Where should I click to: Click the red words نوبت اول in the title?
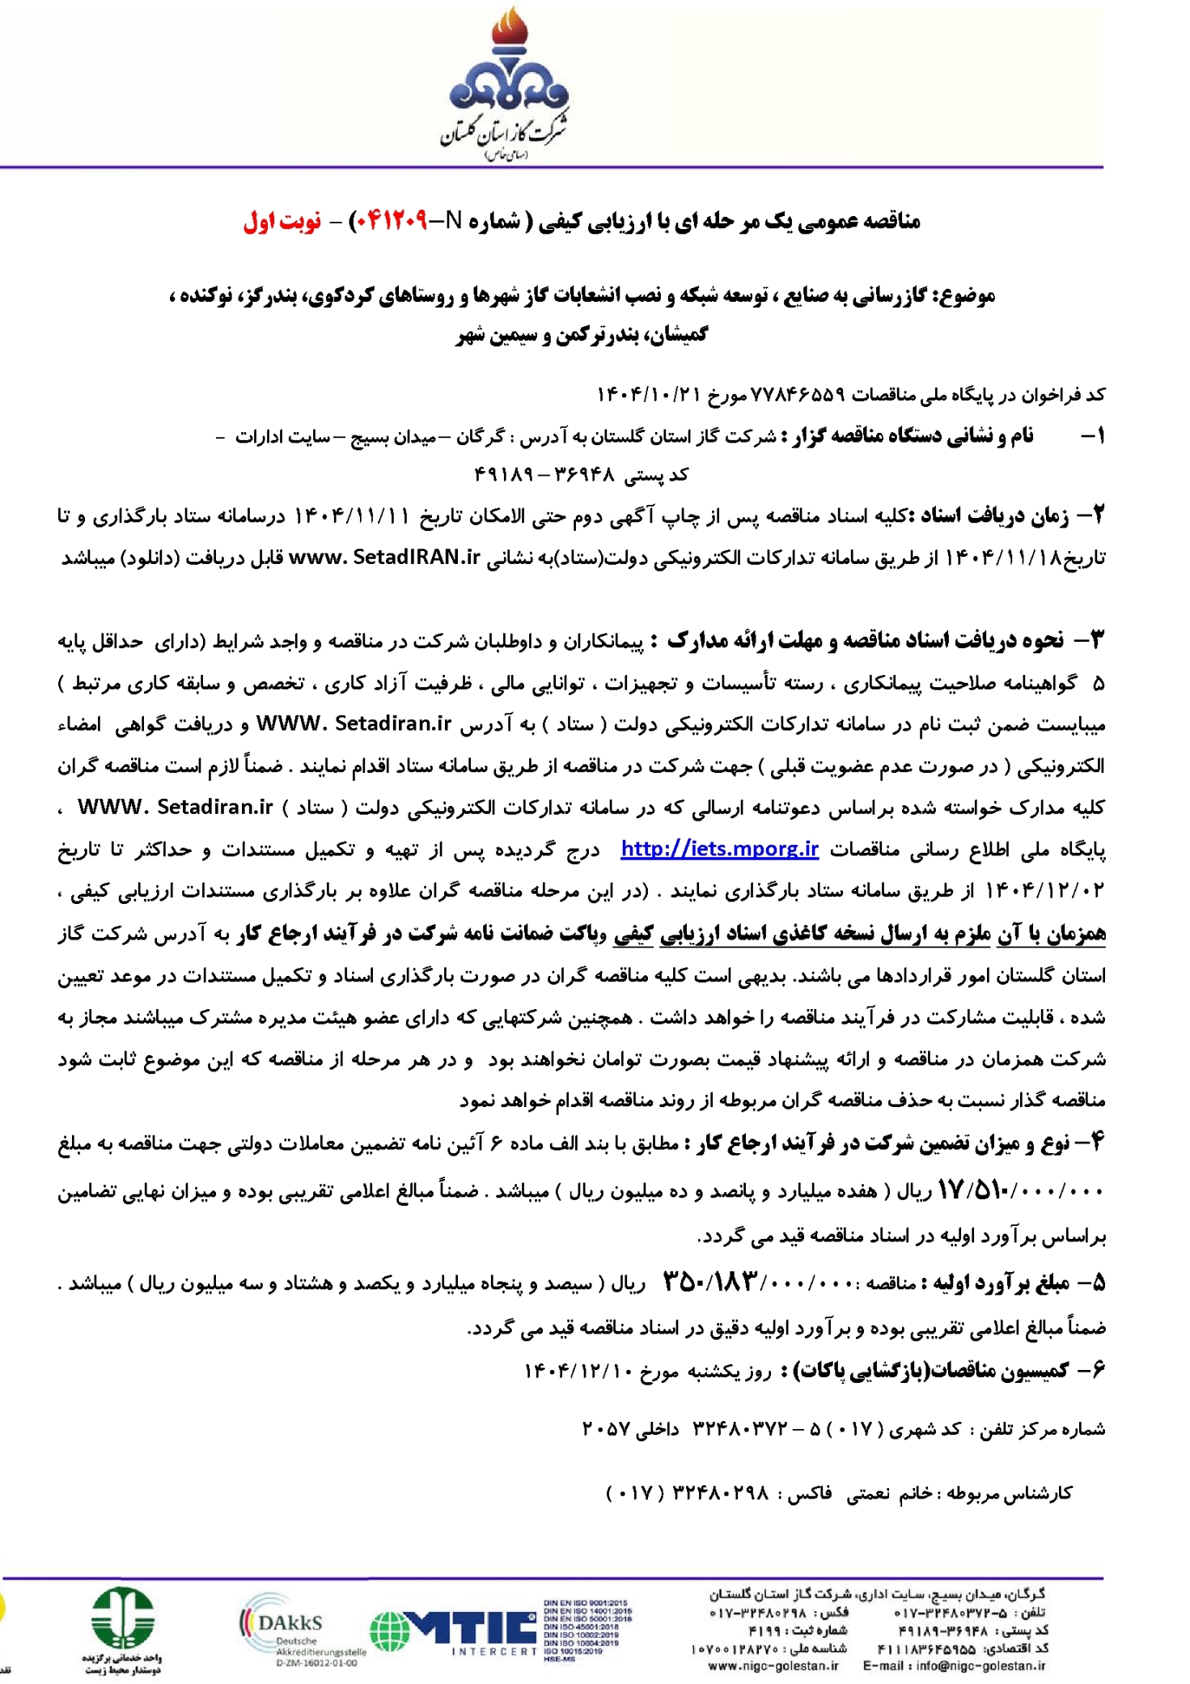(282, 221)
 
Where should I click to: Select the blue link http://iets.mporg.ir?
(719, 849)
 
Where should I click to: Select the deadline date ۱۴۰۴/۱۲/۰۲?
(1044, 891)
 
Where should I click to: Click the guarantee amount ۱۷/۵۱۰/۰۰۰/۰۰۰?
(1020, 1190)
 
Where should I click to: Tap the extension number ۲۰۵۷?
(606, 1429)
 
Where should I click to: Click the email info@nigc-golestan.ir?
(955, 1666)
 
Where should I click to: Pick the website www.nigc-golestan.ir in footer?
(773, 1666)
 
